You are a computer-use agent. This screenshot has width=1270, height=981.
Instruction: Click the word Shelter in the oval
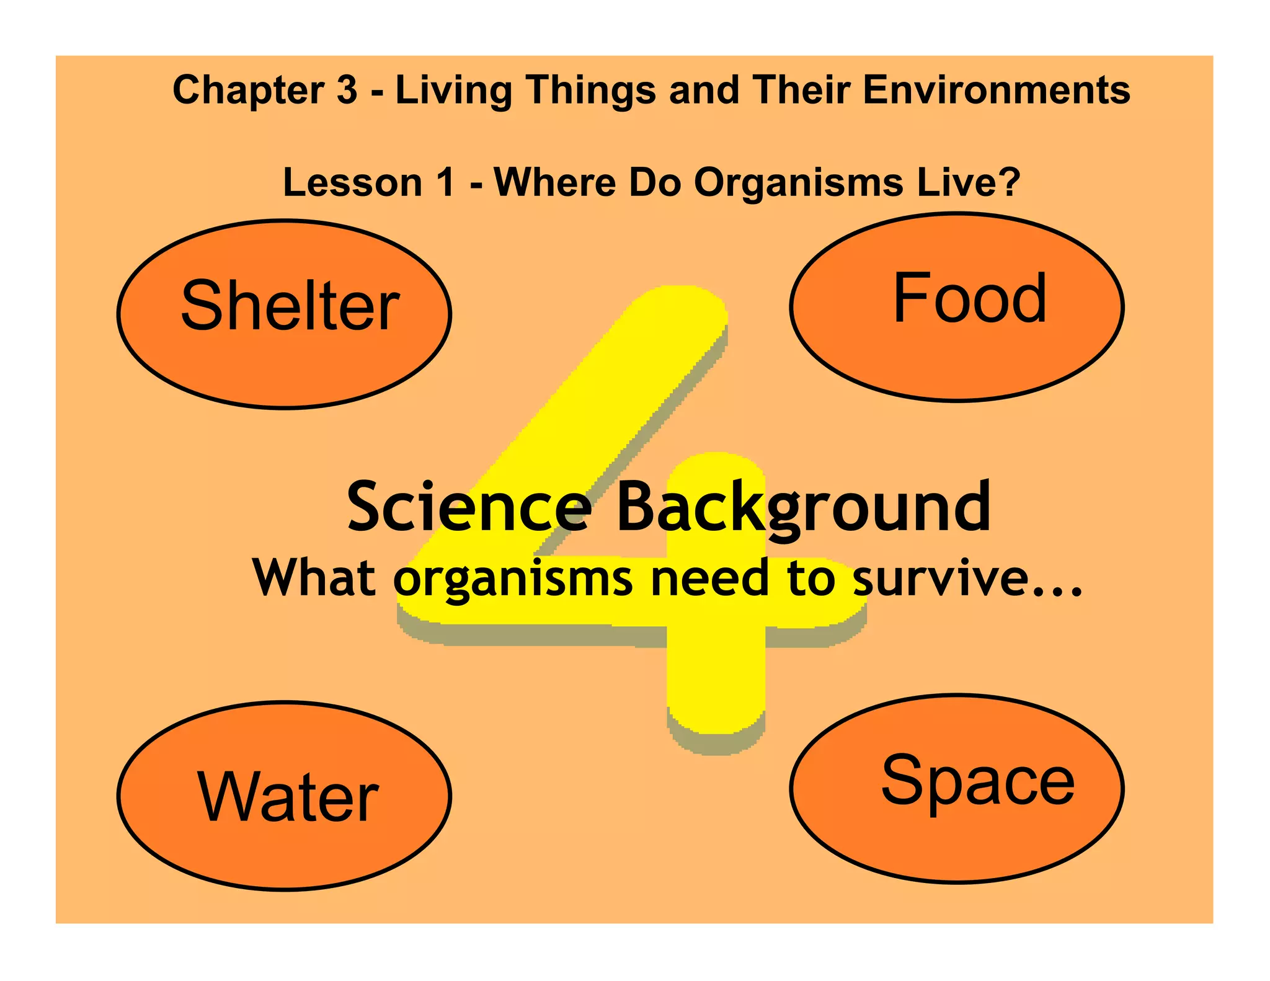point(290,305)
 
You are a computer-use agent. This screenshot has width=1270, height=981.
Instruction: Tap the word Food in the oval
point(970,298)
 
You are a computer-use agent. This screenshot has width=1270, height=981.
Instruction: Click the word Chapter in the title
point(249,90)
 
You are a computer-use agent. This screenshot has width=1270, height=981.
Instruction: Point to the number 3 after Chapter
point(347,90)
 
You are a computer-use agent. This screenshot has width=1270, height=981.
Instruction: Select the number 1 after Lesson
point(445,183)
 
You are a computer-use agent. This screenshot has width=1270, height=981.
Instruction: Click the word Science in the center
point(469,507)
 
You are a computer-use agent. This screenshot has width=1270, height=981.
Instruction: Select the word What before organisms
point(314,577)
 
